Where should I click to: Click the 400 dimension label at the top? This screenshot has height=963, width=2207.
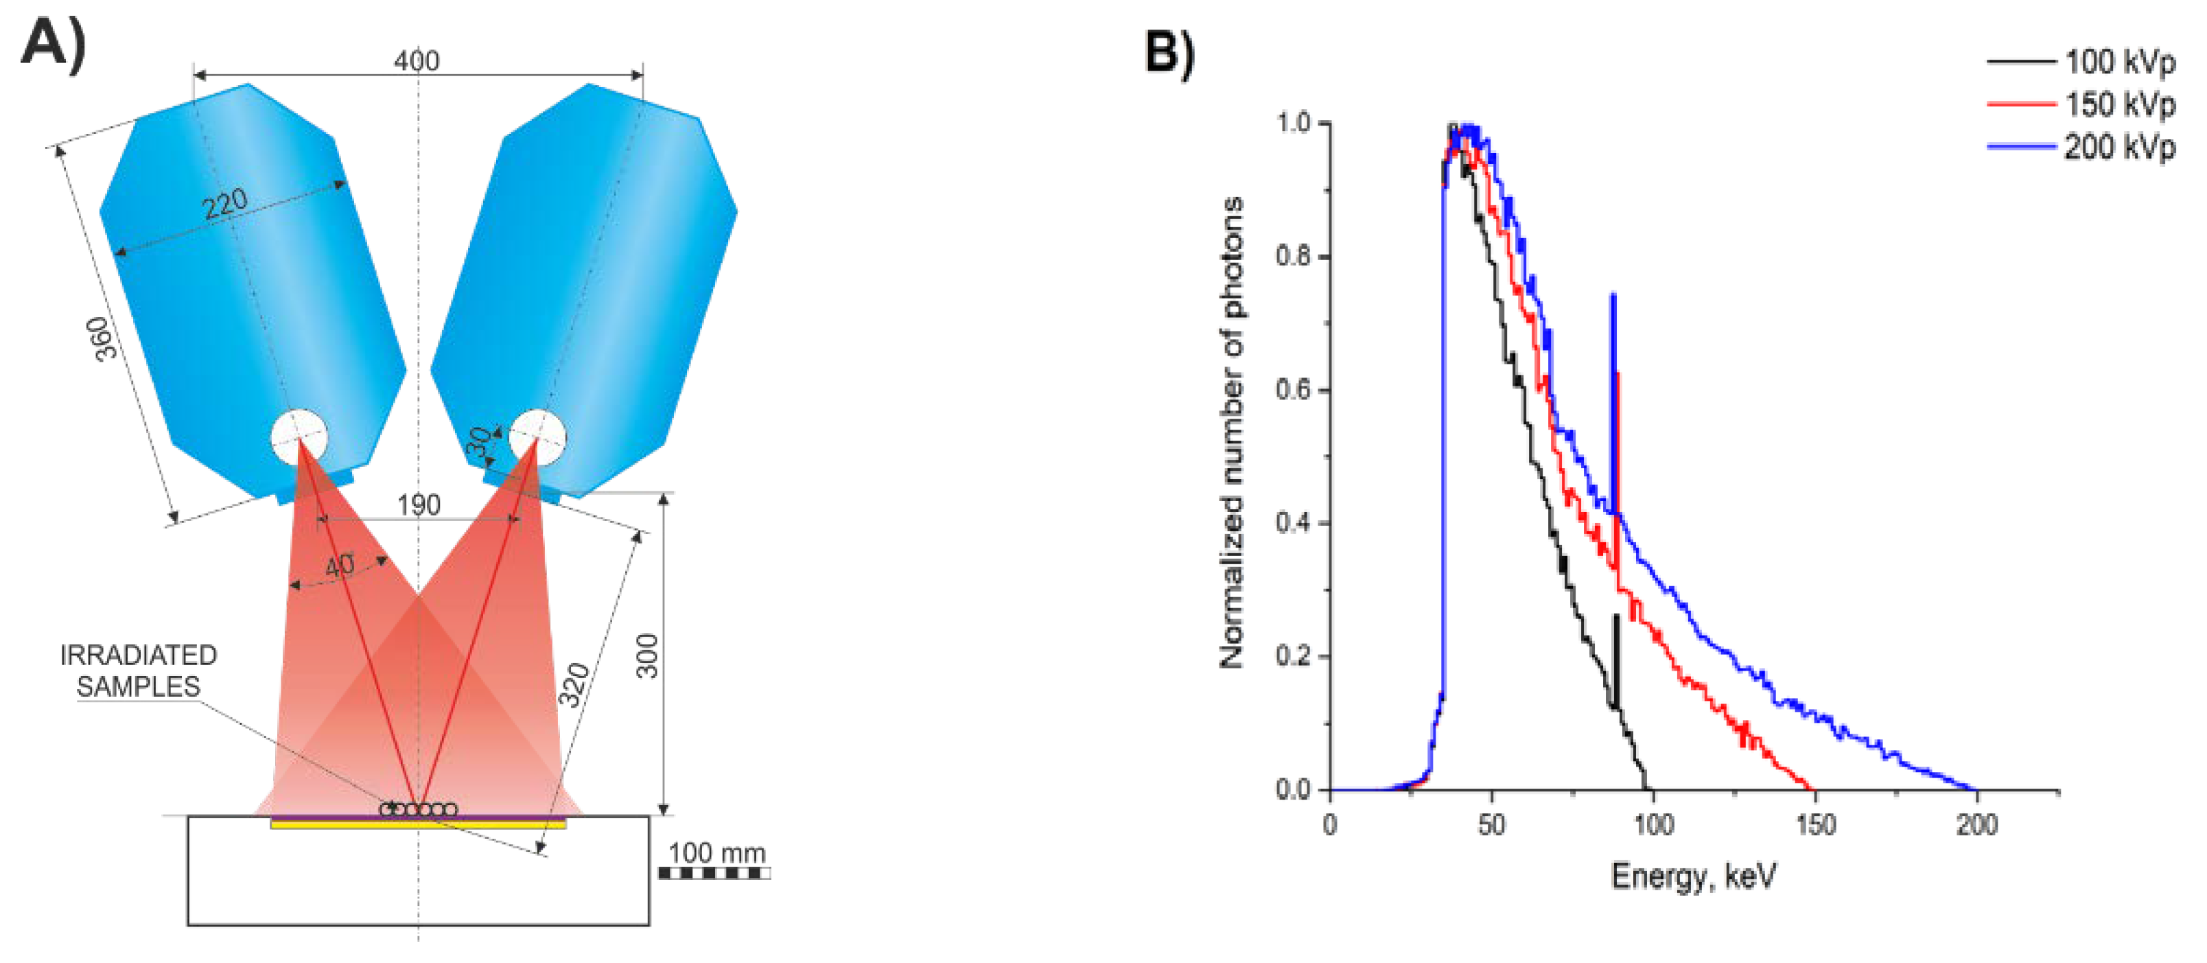[x=417, y=61]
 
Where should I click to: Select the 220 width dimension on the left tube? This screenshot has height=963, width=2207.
[x=225, y=204]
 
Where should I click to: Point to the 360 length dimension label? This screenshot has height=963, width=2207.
[x=102, y=338]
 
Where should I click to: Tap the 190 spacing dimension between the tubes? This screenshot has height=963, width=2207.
[x=418, y=504]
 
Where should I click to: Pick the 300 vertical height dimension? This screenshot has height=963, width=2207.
[x=648, y=655]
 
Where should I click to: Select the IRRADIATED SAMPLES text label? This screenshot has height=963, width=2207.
[x=138, y=671]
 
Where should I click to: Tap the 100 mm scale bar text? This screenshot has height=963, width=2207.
[x=716, y=852]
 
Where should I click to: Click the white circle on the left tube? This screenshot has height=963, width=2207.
[x=299, y=436]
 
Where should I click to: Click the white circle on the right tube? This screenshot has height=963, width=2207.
[x=537, y=436]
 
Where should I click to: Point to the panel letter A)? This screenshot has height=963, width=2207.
[x=53, y=43]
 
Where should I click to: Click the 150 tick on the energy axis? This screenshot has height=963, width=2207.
[x=1814, y=824]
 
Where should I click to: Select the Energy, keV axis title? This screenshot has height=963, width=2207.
[x=1694, y=876]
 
